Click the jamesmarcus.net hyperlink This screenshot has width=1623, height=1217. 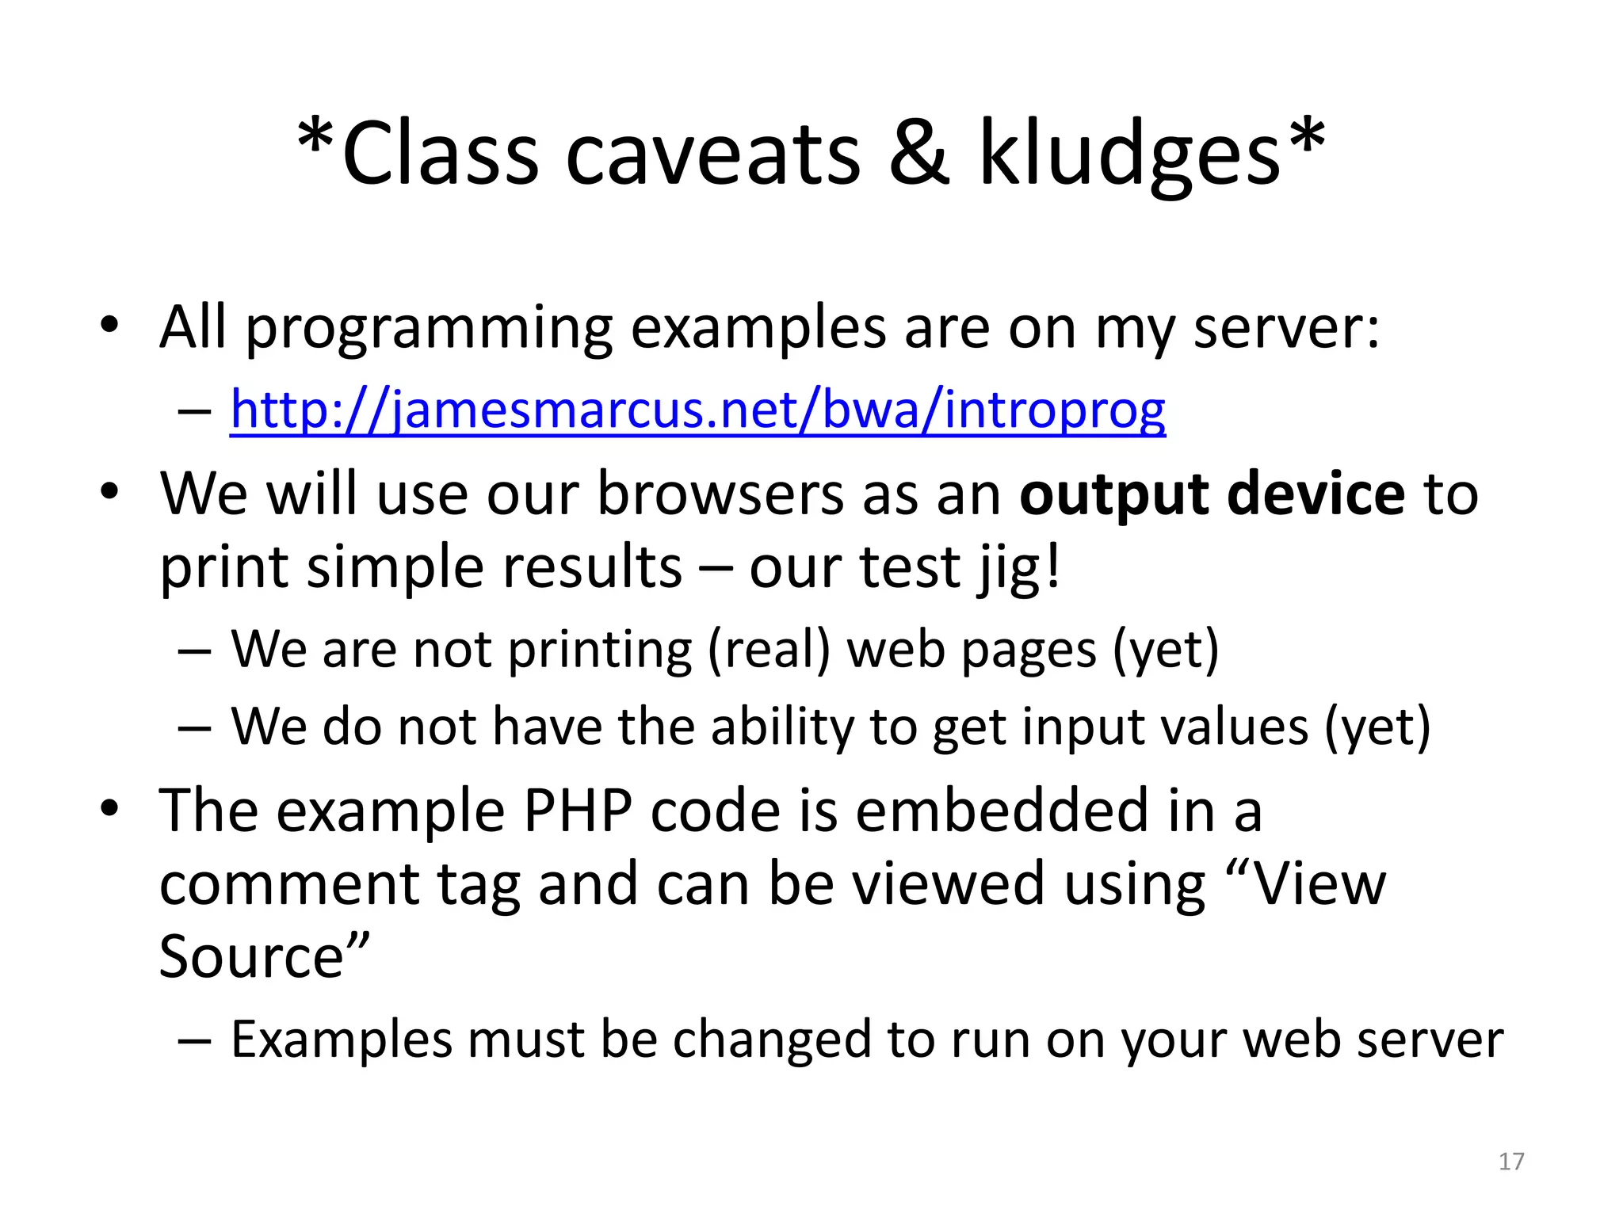(697, 410)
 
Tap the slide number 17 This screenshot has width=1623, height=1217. (1511, 1162)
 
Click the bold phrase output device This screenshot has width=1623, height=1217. (1212, 494)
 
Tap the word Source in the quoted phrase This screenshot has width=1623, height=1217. (252, 956)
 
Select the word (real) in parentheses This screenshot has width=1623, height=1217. (768, 650)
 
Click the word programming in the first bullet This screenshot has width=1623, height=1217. (429, 328)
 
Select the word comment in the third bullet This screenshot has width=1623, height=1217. (289, 884)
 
